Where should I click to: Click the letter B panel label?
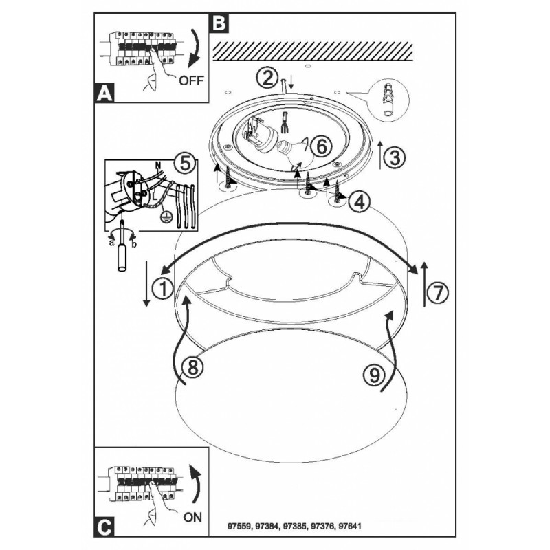point(218,23)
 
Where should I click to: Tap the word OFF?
point(192,80)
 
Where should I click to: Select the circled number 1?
point(164,289)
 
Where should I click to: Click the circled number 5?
point(182,164)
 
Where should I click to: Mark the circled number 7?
point(438,292)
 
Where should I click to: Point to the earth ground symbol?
point(165,217)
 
